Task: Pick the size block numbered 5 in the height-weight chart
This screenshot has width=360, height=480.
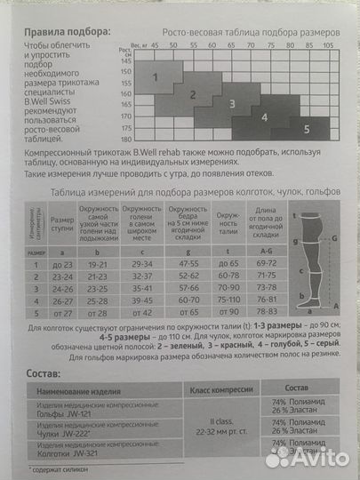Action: coord(307,128)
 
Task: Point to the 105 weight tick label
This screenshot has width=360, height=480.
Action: coord(328,43)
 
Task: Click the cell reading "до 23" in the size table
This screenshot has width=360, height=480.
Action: coord(62,264)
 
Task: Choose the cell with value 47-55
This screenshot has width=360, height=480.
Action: coord(188,264)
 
